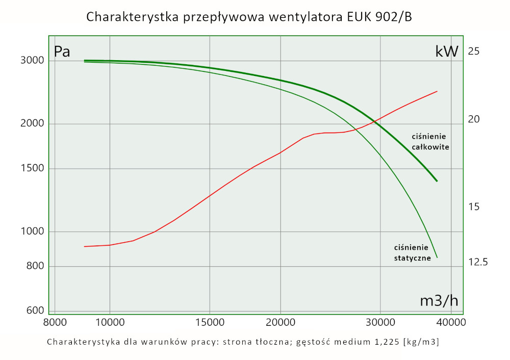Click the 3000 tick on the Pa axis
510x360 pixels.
32,61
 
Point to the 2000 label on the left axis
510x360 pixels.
32,124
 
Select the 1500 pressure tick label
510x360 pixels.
32,169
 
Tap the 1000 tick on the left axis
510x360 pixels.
32,232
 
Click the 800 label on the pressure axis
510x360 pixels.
34,266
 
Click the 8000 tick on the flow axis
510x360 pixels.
55,322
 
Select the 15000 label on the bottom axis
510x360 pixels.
210,322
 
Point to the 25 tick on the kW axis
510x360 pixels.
474,51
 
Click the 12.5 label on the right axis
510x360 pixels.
478,262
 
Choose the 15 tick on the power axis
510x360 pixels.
474,207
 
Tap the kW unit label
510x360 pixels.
447,52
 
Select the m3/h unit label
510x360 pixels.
439,301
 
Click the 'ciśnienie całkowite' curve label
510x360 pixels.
430,142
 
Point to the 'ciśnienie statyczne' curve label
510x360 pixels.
413,252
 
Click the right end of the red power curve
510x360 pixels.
437,91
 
